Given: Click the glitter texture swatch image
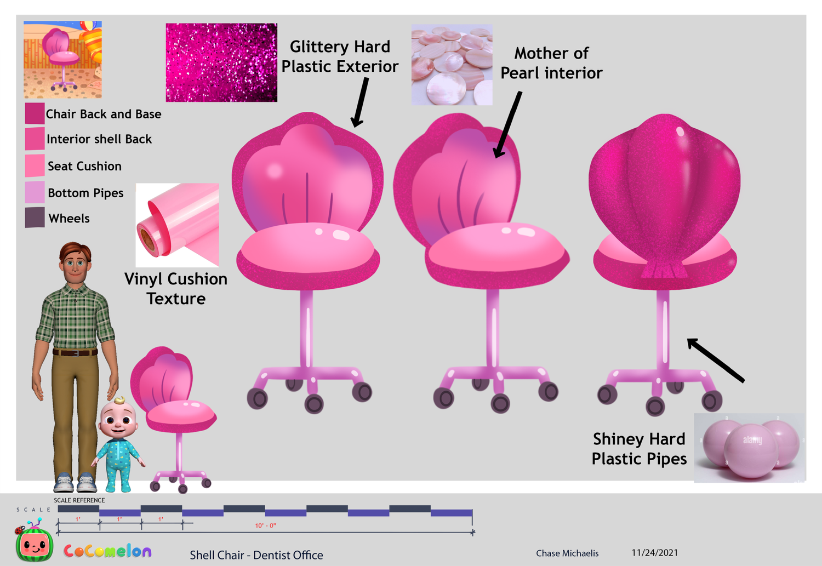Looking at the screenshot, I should coord(221,62).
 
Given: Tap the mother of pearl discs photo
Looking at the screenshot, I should coord(452,65).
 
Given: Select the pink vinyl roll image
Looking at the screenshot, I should coord(177,225).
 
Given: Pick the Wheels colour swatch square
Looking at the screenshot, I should coord(35,218).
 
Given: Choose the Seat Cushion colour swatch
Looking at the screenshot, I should coord(35,165).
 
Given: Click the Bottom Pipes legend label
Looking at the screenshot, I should coord(85,193).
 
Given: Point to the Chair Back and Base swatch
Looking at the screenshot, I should coord(35,113).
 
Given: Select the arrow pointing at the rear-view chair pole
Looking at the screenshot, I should coord(716,360).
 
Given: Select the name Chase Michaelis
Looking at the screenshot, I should coord(567,553).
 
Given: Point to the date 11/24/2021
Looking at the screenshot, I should coord(654,553).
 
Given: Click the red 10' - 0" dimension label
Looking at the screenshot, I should coord(266,525).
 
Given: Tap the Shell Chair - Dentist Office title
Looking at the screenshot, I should coord(256,555).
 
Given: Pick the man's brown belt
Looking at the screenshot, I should coord(75,352).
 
